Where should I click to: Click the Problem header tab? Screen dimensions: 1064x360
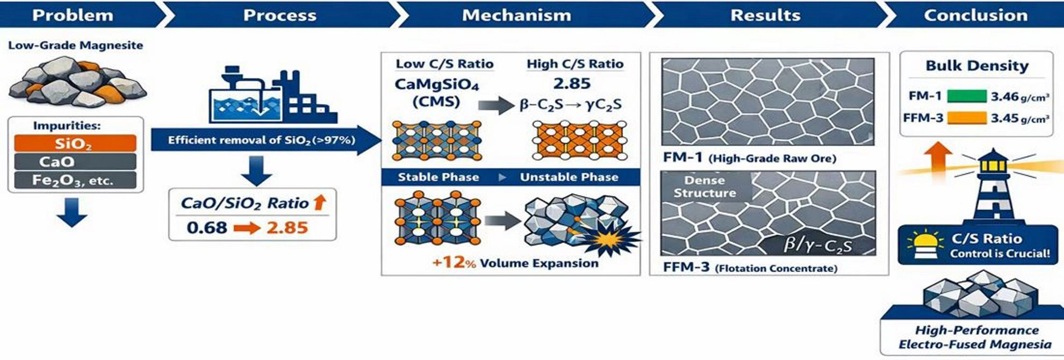point(73,15)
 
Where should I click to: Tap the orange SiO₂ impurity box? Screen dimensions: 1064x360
point(75,143)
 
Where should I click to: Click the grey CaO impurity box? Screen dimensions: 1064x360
point(75,162)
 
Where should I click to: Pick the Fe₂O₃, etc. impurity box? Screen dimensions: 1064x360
point(75,180)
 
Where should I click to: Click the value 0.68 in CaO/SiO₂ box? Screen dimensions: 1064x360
point(207,227)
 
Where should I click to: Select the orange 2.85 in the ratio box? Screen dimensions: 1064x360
point(287,227)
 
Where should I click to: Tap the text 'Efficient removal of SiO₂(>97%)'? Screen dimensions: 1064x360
point(261,140)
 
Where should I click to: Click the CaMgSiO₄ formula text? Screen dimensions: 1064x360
point(436,84)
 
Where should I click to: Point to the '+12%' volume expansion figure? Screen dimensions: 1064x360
point(454,263)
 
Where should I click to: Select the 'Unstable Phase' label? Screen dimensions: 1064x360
point(569,177)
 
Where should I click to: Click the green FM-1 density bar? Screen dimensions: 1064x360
point(966,96)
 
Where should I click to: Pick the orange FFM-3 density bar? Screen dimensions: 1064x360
point(966,118)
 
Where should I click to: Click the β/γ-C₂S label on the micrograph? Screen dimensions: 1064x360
point(817,245)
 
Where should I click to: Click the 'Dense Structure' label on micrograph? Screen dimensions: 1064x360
point(704,186)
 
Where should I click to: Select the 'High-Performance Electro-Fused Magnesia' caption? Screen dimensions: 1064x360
point(975,337)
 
